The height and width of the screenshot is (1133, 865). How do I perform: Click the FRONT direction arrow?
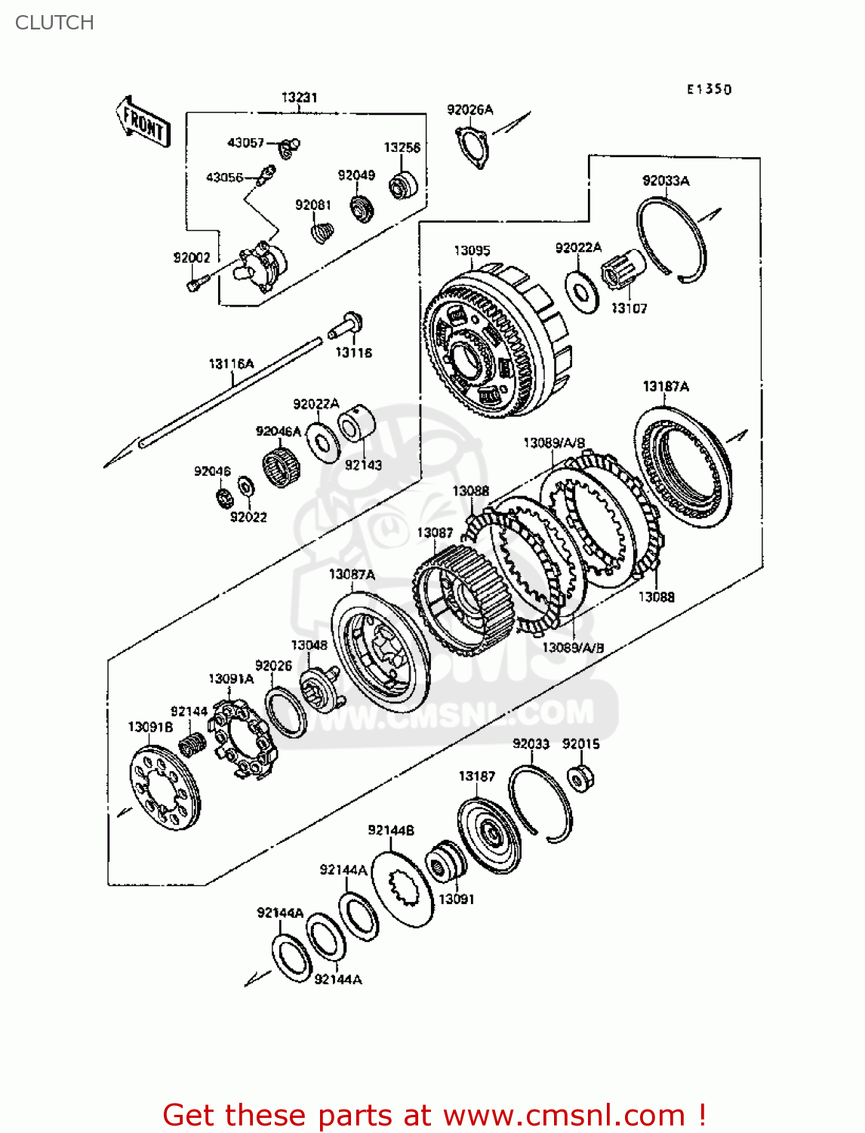click(x=143, y=122)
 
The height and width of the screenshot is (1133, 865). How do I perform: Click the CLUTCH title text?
click(x=54, y=23)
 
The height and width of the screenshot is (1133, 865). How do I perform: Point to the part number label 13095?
click(x=472, y=251)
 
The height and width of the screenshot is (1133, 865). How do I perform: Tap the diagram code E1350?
click(x=709, y=89)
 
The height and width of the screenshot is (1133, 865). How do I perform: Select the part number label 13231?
click(x=299, y=97)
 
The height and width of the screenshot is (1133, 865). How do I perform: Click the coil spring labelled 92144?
click(x=192, y=745)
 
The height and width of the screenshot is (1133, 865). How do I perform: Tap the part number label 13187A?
click(x=665, y=387)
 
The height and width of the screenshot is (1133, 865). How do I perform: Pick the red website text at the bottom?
click(x=434, y=1115)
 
